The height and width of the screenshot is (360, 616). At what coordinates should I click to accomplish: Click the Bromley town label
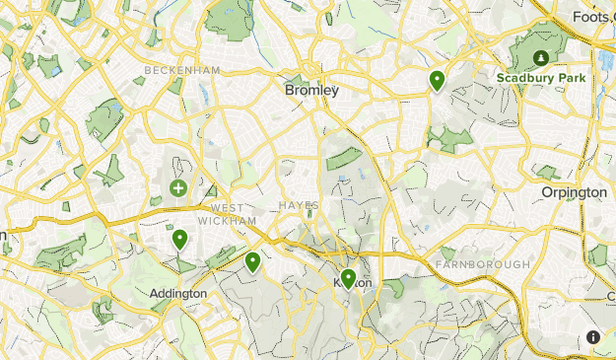tap(310, 90)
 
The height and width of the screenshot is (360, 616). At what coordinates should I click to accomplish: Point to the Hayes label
tap(299, 205)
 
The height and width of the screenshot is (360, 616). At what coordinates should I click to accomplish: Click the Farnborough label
tap(482, 264)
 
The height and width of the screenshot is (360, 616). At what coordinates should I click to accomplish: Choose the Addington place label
tap(178, 293)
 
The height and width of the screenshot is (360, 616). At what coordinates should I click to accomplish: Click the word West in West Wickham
tap(226, 208)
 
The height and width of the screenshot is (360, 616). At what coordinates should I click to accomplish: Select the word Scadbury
tap(527, 78)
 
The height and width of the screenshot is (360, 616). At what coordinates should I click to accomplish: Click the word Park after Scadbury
tap(572, 78)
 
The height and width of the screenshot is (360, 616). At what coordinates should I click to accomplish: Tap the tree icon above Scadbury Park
tap(540, 55)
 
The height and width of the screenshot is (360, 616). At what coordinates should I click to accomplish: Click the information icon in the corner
tap(593, 336)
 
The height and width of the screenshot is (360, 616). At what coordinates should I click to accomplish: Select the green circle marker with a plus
tap(178, 187)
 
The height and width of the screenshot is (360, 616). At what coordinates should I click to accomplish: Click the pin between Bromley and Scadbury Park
tap(436, 80)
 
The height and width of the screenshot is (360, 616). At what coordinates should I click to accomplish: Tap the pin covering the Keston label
tap(348, 279)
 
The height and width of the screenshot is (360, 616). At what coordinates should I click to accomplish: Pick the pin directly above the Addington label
tap(179, 239)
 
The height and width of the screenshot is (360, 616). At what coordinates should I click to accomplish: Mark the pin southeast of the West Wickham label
tap(253, 261)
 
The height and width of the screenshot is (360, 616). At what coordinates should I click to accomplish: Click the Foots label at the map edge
tap(593, 16)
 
